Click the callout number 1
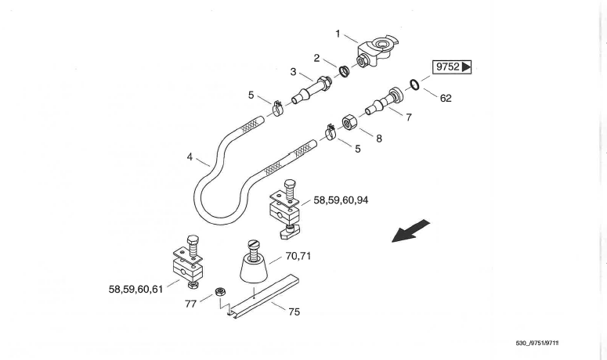[x=338, y=34]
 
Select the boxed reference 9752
[x=452, y=67]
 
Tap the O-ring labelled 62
[x=414, y=85]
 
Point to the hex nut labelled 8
[x=349, y=122]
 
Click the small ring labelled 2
[x=344, y=71]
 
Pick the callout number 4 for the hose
[x=190, y=157]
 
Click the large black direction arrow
[x=410, y=230]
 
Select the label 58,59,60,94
[x=341, y=200]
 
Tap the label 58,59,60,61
[x=135, y=290]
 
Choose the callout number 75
[x=294, y=311]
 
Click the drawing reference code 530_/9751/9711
[x=537, y=343]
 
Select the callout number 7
[x=409, y=117]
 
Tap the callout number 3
[x=293, y=72]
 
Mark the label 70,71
[x=298, y=256]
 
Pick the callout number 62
[x=446, y=98]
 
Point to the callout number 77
[x=191, y=304]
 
